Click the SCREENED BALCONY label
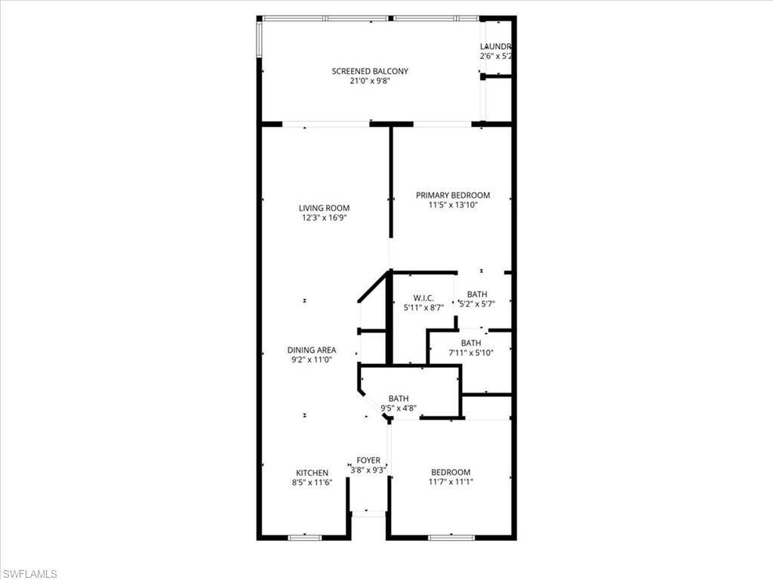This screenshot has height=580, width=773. [x=370, y=72]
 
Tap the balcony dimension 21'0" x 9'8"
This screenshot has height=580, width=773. [x=370, y=82]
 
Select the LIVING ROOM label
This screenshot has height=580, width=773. [x=324, y=208]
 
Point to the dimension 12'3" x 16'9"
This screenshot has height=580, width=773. [x=324, y=218]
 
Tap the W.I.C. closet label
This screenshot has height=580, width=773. [x=423, y=298]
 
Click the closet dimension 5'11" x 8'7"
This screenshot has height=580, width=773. [x=423, y=307]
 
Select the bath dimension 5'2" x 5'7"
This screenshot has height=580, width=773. [x=477, y=304]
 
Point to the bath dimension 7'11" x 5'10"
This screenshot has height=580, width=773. [x=471, y=353]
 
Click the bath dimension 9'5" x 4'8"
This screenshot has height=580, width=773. [x=399, y=409]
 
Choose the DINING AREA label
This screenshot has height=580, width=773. [x=312, y=350]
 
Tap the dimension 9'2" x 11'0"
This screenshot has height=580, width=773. [x=312, y=360]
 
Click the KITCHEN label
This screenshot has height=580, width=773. [x=312, y=474]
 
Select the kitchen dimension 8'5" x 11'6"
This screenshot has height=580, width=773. [x=312, y=483]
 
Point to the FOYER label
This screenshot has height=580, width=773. [x=368, y=461]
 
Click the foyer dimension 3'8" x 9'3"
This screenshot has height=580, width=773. [x=368, y=470]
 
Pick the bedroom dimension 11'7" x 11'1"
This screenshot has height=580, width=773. [x=450, y=482]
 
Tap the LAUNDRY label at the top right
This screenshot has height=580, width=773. [x=497, y=46]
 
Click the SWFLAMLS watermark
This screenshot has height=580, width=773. [x=29, y=574]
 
